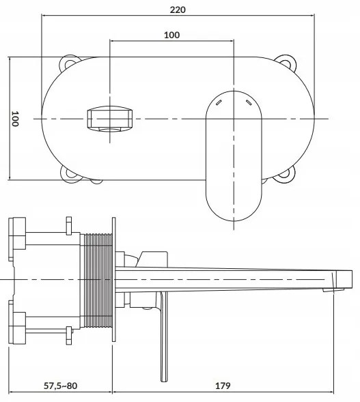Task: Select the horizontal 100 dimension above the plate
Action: coord(171,35)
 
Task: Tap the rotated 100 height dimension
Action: coord(14,119)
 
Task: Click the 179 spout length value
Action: coord(222,386)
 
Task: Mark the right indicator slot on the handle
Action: coord(247,102)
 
